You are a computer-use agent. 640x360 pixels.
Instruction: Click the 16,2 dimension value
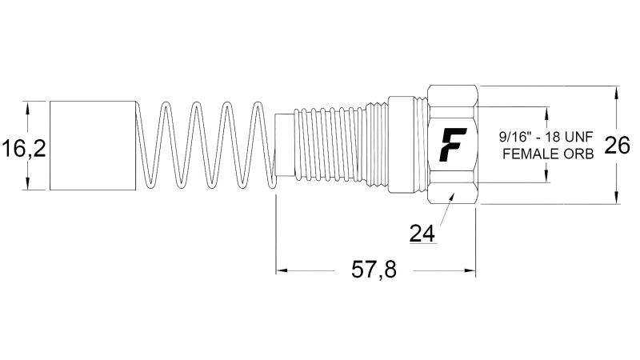pyautogui.click(x=24, y=148)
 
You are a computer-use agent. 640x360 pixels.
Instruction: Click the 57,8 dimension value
pyautogui.click(x=374, y=270)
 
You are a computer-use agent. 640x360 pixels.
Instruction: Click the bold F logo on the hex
pyautogui.click(x=454, y=145)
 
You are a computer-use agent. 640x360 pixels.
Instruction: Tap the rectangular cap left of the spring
pyautogui.click(x=92, y=146)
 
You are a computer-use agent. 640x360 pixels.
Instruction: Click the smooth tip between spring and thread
pyautogui.click(x=283, y=146)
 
